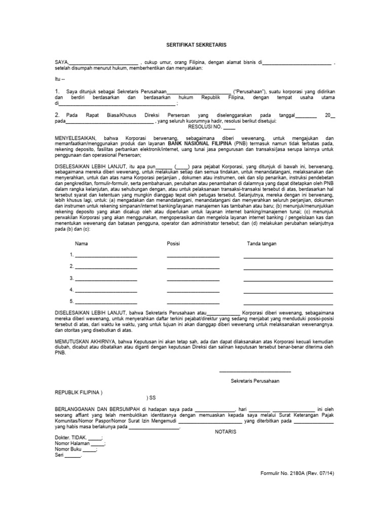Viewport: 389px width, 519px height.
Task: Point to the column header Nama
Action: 81,244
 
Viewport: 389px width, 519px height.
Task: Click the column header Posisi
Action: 173,244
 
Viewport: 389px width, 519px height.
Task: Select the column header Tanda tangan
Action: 261,244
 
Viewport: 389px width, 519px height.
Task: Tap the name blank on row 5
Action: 106,303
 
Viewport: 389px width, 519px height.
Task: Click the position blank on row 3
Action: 193,280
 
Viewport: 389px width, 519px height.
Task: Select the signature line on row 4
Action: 288,291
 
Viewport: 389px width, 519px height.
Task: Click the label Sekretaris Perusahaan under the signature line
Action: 255,380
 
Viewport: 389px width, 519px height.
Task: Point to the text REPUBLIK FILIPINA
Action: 78,392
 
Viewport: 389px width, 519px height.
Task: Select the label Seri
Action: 59,455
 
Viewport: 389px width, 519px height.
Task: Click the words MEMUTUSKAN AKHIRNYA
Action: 85,342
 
